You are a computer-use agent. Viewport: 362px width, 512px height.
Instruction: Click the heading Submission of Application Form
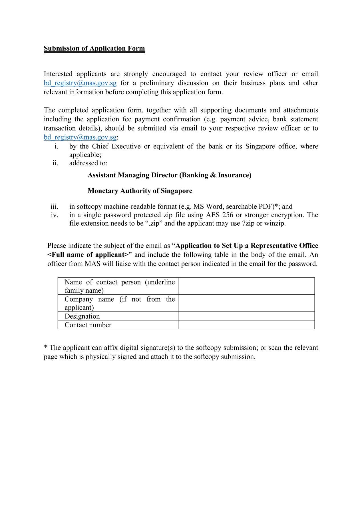pos(94,49)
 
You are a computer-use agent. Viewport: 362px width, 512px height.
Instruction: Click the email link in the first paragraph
pos(80,83)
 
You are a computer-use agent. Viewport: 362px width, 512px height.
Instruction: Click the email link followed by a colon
pos(80,137)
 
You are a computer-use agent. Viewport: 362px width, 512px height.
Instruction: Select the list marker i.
pos(56,146)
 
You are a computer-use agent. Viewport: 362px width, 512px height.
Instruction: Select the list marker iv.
pos(55,215)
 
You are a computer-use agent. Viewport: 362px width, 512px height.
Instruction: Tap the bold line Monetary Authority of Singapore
pos(140,191)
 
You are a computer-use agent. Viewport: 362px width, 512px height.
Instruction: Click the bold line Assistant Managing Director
pos(169,175)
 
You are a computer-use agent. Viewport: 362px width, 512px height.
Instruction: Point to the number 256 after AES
pos(228,215)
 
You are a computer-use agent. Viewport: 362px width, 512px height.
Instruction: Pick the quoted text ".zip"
pos(154,223)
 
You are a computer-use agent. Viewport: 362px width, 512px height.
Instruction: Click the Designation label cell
pos(82,316)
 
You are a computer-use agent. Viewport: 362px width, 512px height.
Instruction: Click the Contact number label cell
pos(88,325)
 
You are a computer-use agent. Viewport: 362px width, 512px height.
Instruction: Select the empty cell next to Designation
pos(246,316)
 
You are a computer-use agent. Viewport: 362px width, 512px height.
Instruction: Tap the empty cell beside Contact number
pos(246,325)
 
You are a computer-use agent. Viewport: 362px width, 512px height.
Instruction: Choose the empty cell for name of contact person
pos(246,286)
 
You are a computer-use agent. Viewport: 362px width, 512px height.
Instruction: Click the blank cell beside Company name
pos(246,303)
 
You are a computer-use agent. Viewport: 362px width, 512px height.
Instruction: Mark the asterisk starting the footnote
pos(45,348)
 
